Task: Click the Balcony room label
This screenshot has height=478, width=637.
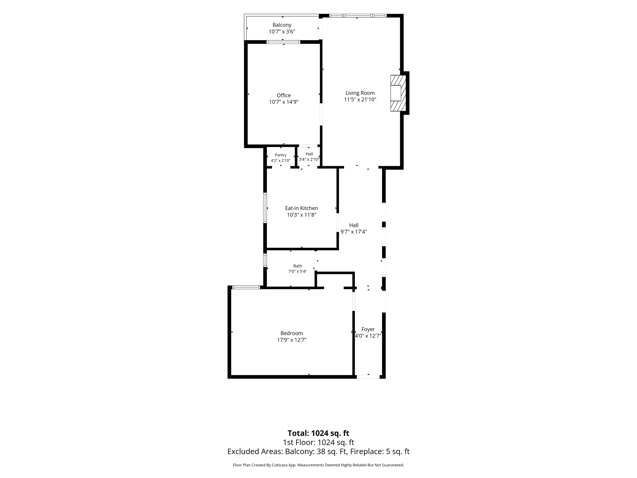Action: [x=282, y=25]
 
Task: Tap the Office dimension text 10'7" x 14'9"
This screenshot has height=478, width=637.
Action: [x=284, y=102]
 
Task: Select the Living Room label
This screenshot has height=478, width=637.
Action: [x=360, y=93]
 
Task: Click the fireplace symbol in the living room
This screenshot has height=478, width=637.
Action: [x=398, y=93]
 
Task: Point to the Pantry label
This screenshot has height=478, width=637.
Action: [x=281, y=155]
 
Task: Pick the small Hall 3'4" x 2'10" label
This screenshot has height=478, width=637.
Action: [x=309, y=157]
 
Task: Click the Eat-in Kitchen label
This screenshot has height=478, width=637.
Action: [x=301, y=208]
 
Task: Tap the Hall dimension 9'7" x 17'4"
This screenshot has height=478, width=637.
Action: [x=354, y=232]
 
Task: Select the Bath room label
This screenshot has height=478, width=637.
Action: [x=298, y=266]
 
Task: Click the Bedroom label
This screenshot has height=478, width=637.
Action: [x=291, y=333]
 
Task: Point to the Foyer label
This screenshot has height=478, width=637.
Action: [x=368, y=329]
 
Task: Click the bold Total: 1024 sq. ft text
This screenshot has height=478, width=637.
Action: [x=318, y=433]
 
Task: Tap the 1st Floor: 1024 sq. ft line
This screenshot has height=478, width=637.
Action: [x=318, y=442]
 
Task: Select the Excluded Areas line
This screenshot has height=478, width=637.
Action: [x=318, y=452]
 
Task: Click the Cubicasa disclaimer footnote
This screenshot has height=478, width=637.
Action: [x=318, y=465]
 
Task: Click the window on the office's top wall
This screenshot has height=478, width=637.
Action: [x=283, y=42]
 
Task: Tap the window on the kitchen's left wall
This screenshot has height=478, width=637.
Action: [x=265, y=208]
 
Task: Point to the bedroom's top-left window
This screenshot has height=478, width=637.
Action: [x=246, y=287]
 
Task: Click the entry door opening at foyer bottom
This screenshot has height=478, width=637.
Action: [x=368, y=377]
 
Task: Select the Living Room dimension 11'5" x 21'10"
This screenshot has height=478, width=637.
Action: [x=360, y=100]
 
